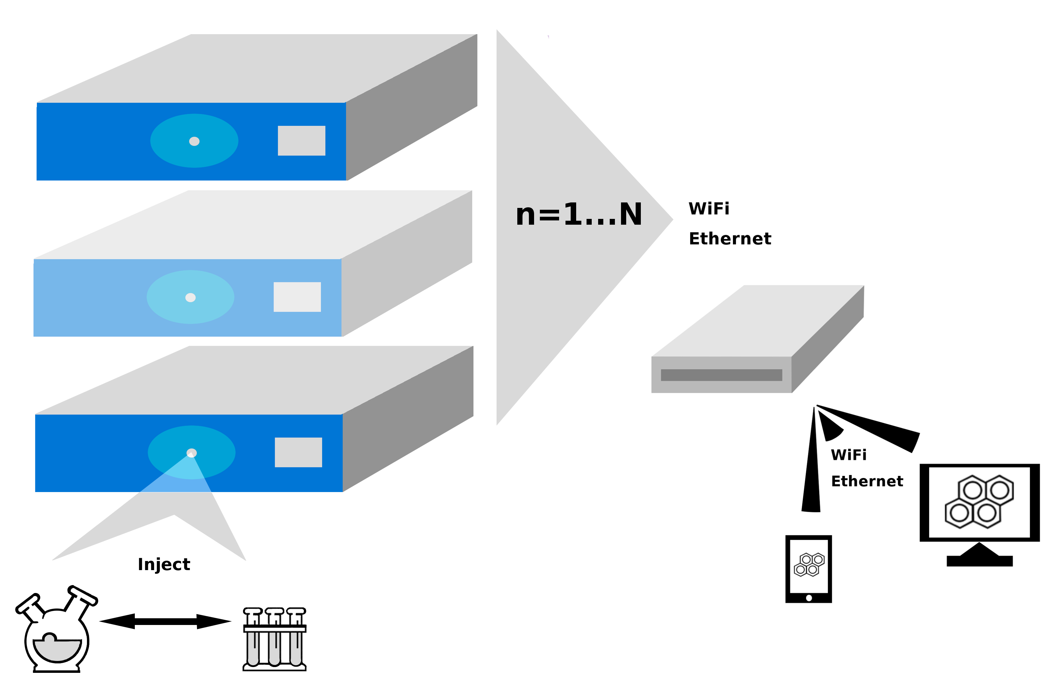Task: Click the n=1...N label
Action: pyautogui.click(x=578, y=214)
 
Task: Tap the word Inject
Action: pyautogui.click(x=164, y=564)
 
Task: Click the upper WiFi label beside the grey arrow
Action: pyautogui.click(x=709, y=209)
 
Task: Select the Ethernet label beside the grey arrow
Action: pyautogui.click(x=730, y=239)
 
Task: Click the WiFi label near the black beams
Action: pyautogui.click(x=849, y=455)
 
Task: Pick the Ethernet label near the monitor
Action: pyautogui.click(x=867, y=481)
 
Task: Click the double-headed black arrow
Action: pyautogui.click(x=165, y=621)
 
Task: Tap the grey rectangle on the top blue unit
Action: pyautogui.click(x=301, y=141)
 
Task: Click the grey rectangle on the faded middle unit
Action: pyautogui.click(x=297, y=297)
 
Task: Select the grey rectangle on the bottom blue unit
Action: pyautogui.click(x=298, y=452)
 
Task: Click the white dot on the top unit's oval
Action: pyautogui.click(x=194, y=141)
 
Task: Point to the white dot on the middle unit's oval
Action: pyautogui.click(x=190, y=298)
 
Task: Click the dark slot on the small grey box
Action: pyautogui.click(x=721, y=375)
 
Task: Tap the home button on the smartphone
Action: pyautogui.click(x=809, y=598)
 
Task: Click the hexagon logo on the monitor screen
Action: pyautogui.click(x=979, y=501)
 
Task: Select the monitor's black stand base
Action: pyautogui.click(x=979, y=560)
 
